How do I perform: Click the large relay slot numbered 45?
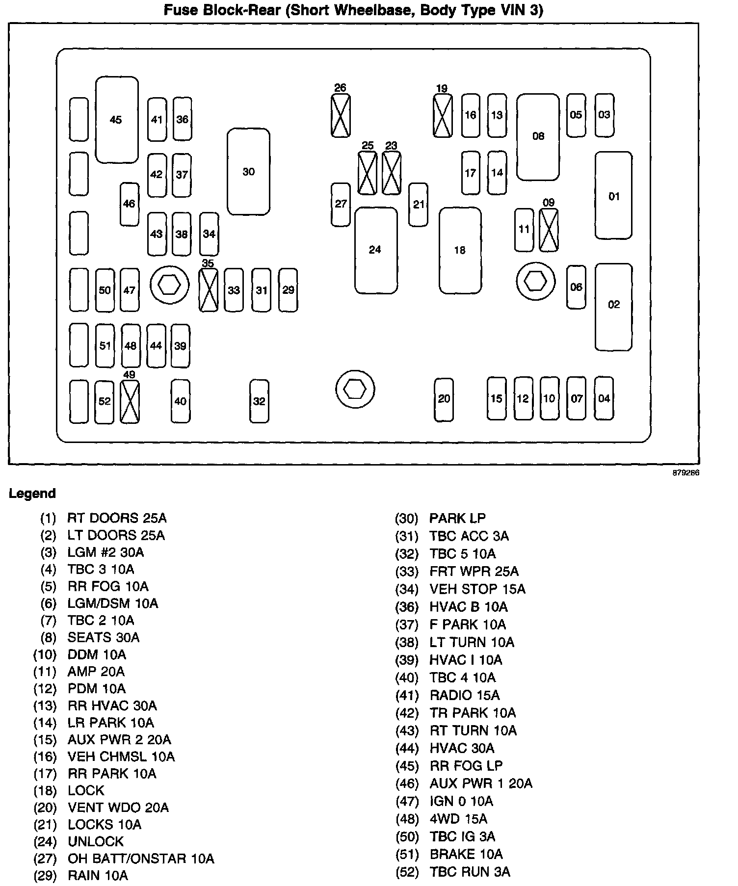(x=116, y=120)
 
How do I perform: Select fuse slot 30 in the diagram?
(x=248, y=172)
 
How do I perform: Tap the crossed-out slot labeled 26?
(x=341, y=116)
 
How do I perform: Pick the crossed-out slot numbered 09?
(x=549, y=230)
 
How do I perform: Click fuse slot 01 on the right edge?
(x=613, y=196)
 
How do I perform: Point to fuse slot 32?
(x=259, y=401)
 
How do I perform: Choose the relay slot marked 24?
(x=376, y=250)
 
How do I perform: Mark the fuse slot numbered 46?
(x=130, y=204)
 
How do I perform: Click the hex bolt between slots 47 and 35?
(x=169, y=284)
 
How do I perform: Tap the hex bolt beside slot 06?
(x=535, y=282)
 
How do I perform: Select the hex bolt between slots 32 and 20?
(x=355, y=390)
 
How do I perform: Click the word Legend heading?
(x=32, y=494)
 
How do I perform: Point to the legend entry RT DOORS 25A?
(x=117, y=518)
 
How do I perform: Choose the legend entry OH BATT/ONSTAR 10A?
(x=141, y=859)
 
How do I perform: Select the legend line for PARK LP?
(x=457, y=518)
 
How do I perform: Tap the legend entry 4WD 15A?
(x=458, y=819)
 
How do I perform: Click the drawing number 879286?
(x=685, y=473)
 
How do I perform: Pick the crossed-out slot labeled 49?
(x=130, y=402)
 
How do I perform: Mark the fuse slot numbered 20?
(x=444, y=399)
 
